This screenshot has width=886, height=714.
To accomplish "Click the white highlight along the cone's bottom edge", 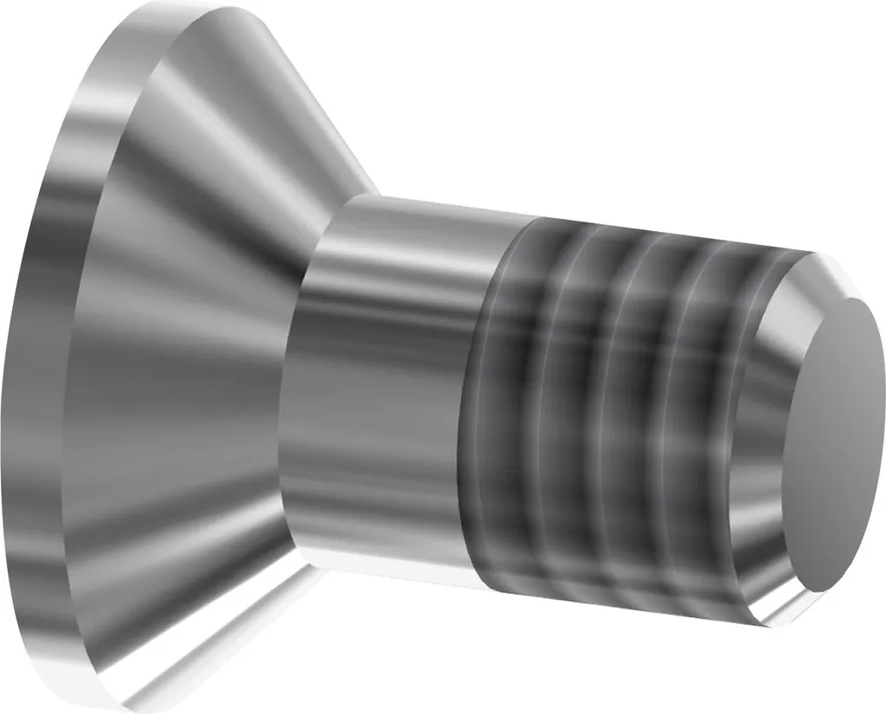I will tap(216, 640).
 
